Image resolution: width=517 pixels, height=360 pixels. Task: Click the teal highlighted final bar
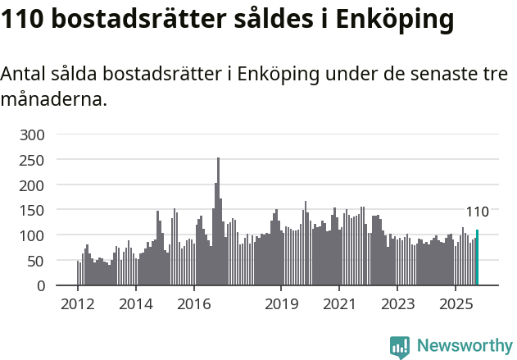[x=477, y=257]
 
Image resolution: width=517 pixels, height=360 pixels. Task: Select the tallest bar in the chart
[x=218, y=221]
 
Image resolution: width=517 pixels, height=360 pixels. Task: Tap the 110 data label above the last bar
[x=477, y=212]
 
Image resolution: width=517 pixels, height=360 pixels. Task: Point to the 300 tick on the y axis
[x=34, y=134]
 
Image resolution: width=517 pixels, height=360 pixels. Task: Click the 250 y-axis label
[x=34, y=159]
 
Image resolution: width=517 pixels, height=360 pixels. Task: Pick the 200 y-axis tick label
[x=34, y=185]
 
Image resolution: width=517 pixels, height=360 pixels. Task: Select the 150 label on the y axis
[x=34, y=210]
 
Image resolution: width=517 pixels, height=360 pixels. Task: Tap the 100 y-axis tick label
[x=34, y=235]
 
